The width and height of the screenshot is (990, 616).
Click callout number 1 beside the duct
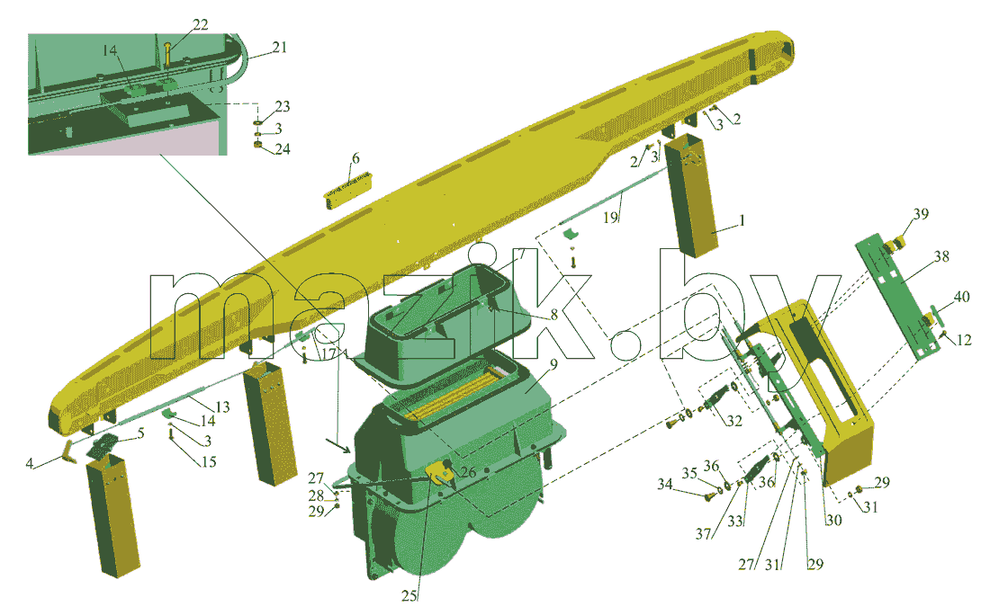[742, 220]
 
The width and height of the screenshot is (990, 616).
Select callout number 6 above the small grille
[355, 157]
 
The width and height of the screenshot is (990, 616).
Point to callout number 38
[941, 256]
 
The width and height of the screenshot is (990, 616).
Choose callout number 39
[922, 214]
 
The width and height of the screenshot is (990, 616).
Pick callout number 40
[961, 297]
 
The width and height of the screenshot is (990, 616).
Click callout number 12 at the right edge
[964, 340]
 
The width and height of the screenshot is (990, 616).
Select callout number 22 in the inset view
[200, 24]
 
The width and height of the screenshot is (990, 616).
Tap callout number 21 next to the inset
[279, 48]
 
